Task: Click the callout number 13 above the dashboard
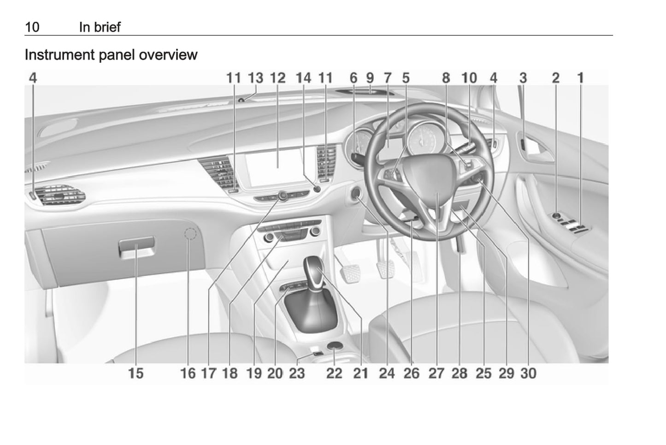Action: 256,78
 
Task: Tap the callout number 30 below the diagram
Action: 528,374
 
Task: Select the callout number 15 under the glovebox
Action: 136,374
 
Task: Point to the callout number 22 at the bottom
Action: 334,374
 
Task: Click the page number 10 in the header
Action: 32,27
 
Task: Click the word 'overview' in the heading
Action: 168,55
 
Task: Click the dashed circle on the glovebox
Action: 191,234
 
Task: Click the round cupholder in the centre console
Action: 335,346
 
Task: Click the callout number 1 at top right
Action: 581,78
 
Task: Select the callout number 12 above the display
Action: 278,78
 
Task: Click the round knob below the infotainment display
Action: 283,196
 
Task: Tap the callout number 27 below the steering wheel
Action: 436,374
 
